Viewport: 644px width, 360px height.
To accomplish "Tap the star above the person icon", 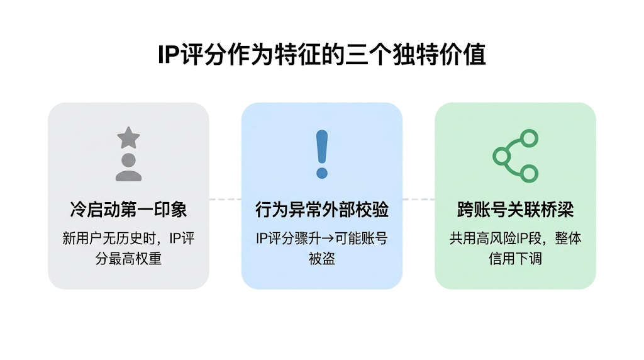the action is [129, 138].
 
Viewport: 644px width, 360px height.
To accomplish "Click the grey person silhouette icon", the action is [129, 167].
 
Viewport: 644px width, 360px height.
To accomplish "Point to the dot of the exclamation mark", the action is [322, 172].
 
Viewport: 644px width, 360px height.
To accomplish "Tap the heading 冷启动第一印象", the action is [128, 210].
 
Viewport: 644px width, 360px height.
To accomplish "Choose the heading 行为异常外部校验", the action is [322, 210].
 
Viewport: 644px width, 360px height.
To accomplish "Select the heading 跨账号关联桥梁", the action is [515, 210].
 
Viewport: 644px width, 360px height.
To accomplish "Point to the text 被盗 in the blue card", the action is [322, 258].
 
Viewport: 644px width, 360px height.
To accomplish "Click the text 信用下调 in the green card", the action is [515, 258].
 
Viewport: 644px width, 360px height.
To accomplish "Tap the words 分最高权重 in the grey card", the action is [128, 258].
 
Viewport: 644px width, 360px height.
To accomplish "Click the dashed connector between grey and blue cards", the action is [225, 200].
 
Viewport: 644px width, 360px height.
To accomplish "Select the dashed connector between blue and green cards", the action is [419, 200].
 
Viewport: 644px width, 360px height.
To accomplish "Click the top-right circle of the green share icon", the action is [530, 138].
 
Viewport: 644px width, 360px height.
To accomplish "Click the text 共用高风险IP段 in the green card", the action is [493, 239].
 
